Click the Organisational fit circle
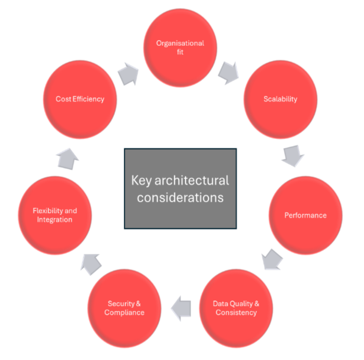(x=180, y=48)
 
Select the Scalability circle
(x=280, y=100)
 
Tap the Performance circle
(x=306, y=215)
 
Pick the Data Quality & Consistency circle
(x=236, y=308)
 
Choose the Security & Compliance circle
(x=124, y=308)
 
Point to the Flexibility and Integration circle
(x=55, y=215)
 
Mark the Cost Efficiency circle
(x=80, y=100)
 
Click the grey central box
(x=180, y=188)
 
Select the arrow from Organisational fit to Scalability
(x=229, y=73)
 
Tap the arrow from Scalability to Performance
(x=293, y=156)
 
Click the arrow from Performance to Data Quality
(x=272, y=260)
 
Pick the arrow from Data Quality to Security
(x=181, y=308)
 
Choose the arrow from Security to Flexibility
(x=91, y=264)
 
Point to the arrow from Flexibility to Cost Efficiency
(x=68, y=159)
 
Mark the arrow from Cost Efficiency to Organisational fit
(x=128, y=74)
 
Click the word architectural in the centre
(x=192, y=180)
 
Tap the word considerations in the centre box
(x=180, y=198)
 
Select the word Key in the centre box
(x=141, y=181)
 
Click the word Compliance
(x=124, y=313)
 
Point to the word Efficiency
(x=88, y=99)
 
